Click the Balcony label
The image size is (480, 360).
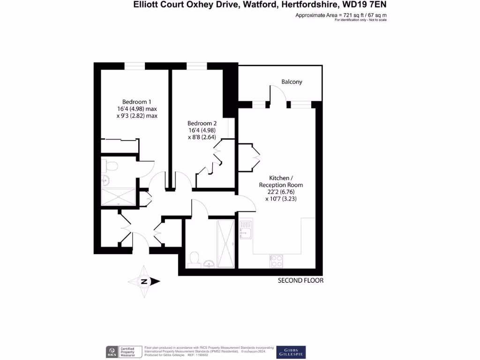point(292,82)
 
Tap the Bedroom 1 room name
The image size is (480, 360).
point(136,102)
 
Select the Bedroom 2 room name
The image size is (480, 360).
point(202,123)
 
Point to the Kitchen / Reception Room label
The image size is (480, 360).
point(281,181)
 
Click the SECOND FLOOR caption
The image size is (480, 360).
point(300,281)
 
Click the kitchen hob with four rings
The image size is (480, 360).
point(276,261)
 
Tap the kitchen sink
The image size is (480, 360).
point(245,230)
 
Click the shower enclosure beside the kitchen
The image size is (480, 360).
point(225,243)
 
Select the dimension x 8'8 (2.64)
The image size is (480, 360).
point(202,138)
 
